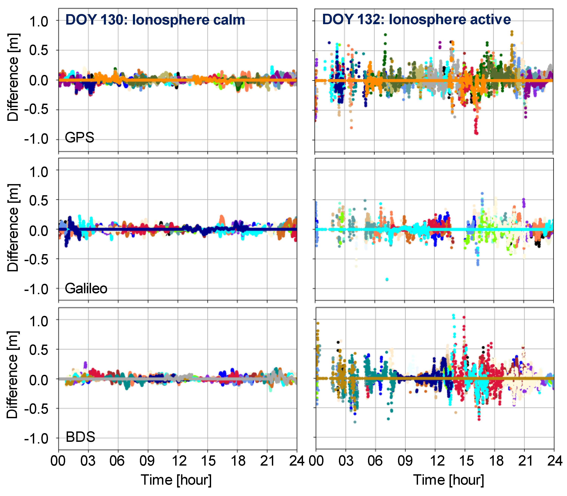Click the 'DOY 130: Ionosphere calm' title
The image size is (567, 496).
pyautogui.click(x=155, y=20)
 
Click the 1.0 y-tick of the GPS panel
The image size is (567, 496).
pyautogui.click(x=39, y=22)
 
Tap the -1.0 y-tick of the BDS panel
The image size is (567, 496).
pyautogui.click(x=36, y=439)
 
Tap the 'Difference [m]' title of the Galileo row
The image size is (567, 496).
pyautogui.click(x=13, y=228)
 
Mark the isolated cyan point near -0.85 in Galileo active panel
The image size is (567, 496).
pyautogui.click(x=387, y=279)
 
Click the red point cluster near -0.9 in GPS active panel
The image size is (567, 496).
pyautogui.click(x=476, y=132)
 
